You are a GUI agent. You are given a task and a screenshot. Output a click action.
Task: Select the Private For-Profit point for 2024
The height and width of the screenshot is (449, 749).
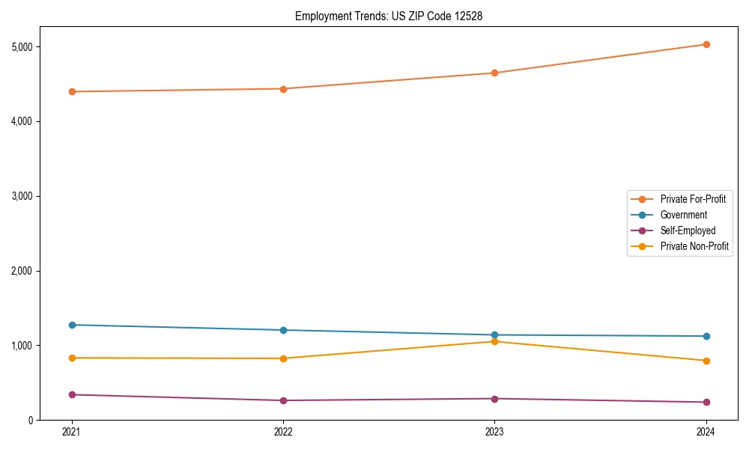pos(706,44)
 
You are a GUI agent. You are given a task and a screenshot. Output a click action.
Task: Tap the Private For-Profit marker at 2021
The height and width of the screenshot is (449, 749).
pos(72,91)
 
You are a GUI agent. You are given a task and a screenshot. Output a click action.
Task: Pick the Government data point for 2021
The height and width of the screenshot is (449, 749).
pos(72,325)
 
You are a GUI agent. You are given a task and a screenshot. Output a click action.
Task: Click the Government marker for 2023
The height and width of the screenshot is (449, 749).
pos(494,335)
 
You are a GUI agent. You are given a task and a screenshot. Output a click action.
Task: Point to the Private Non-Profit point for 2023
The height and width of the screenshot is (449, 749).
pos(494,341)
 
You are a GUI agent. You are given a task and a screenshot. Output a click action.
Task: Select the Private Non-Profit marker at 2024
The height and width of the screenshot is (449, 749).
pos(706,361)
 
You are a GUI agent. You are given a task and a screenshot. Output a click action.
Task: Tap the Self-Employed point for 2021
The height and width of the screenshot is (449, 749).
pos(72,394)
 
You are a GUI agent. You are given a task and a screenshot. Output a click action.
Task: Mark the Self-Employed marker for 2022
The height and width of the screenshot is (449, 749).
pos(283,400)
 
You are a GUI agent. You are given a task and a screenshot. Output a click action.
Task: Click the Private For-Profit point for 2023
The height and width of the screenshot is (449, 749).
pos(494,73)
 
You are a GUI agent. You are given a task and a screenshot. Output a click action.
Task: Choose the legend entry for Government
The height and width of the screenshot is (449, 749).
pos(683,215)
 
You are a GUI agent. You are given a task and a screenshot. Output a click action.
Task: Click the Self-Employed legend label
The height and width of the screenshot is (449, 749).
pos(688,230)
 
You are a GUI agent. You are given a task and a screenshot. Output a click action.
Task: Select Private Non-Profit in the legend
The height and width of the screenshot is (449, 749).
pos(694,246)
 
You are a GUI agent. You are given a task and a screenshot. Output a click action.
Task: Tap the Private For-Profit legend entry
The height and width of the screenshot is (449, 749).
pos(693,199)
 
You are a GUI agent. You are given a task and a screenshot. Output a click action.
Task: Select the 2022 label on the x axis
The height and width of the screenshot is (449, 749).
pos(283,432)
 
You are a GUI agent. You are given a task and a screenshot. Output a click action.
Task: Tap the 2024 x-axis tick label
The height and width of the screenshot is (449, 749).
pos(706,432)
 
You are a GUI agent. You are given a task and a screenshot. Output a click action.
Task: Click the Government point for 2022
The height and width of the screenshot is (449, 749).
pos(283,330)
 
